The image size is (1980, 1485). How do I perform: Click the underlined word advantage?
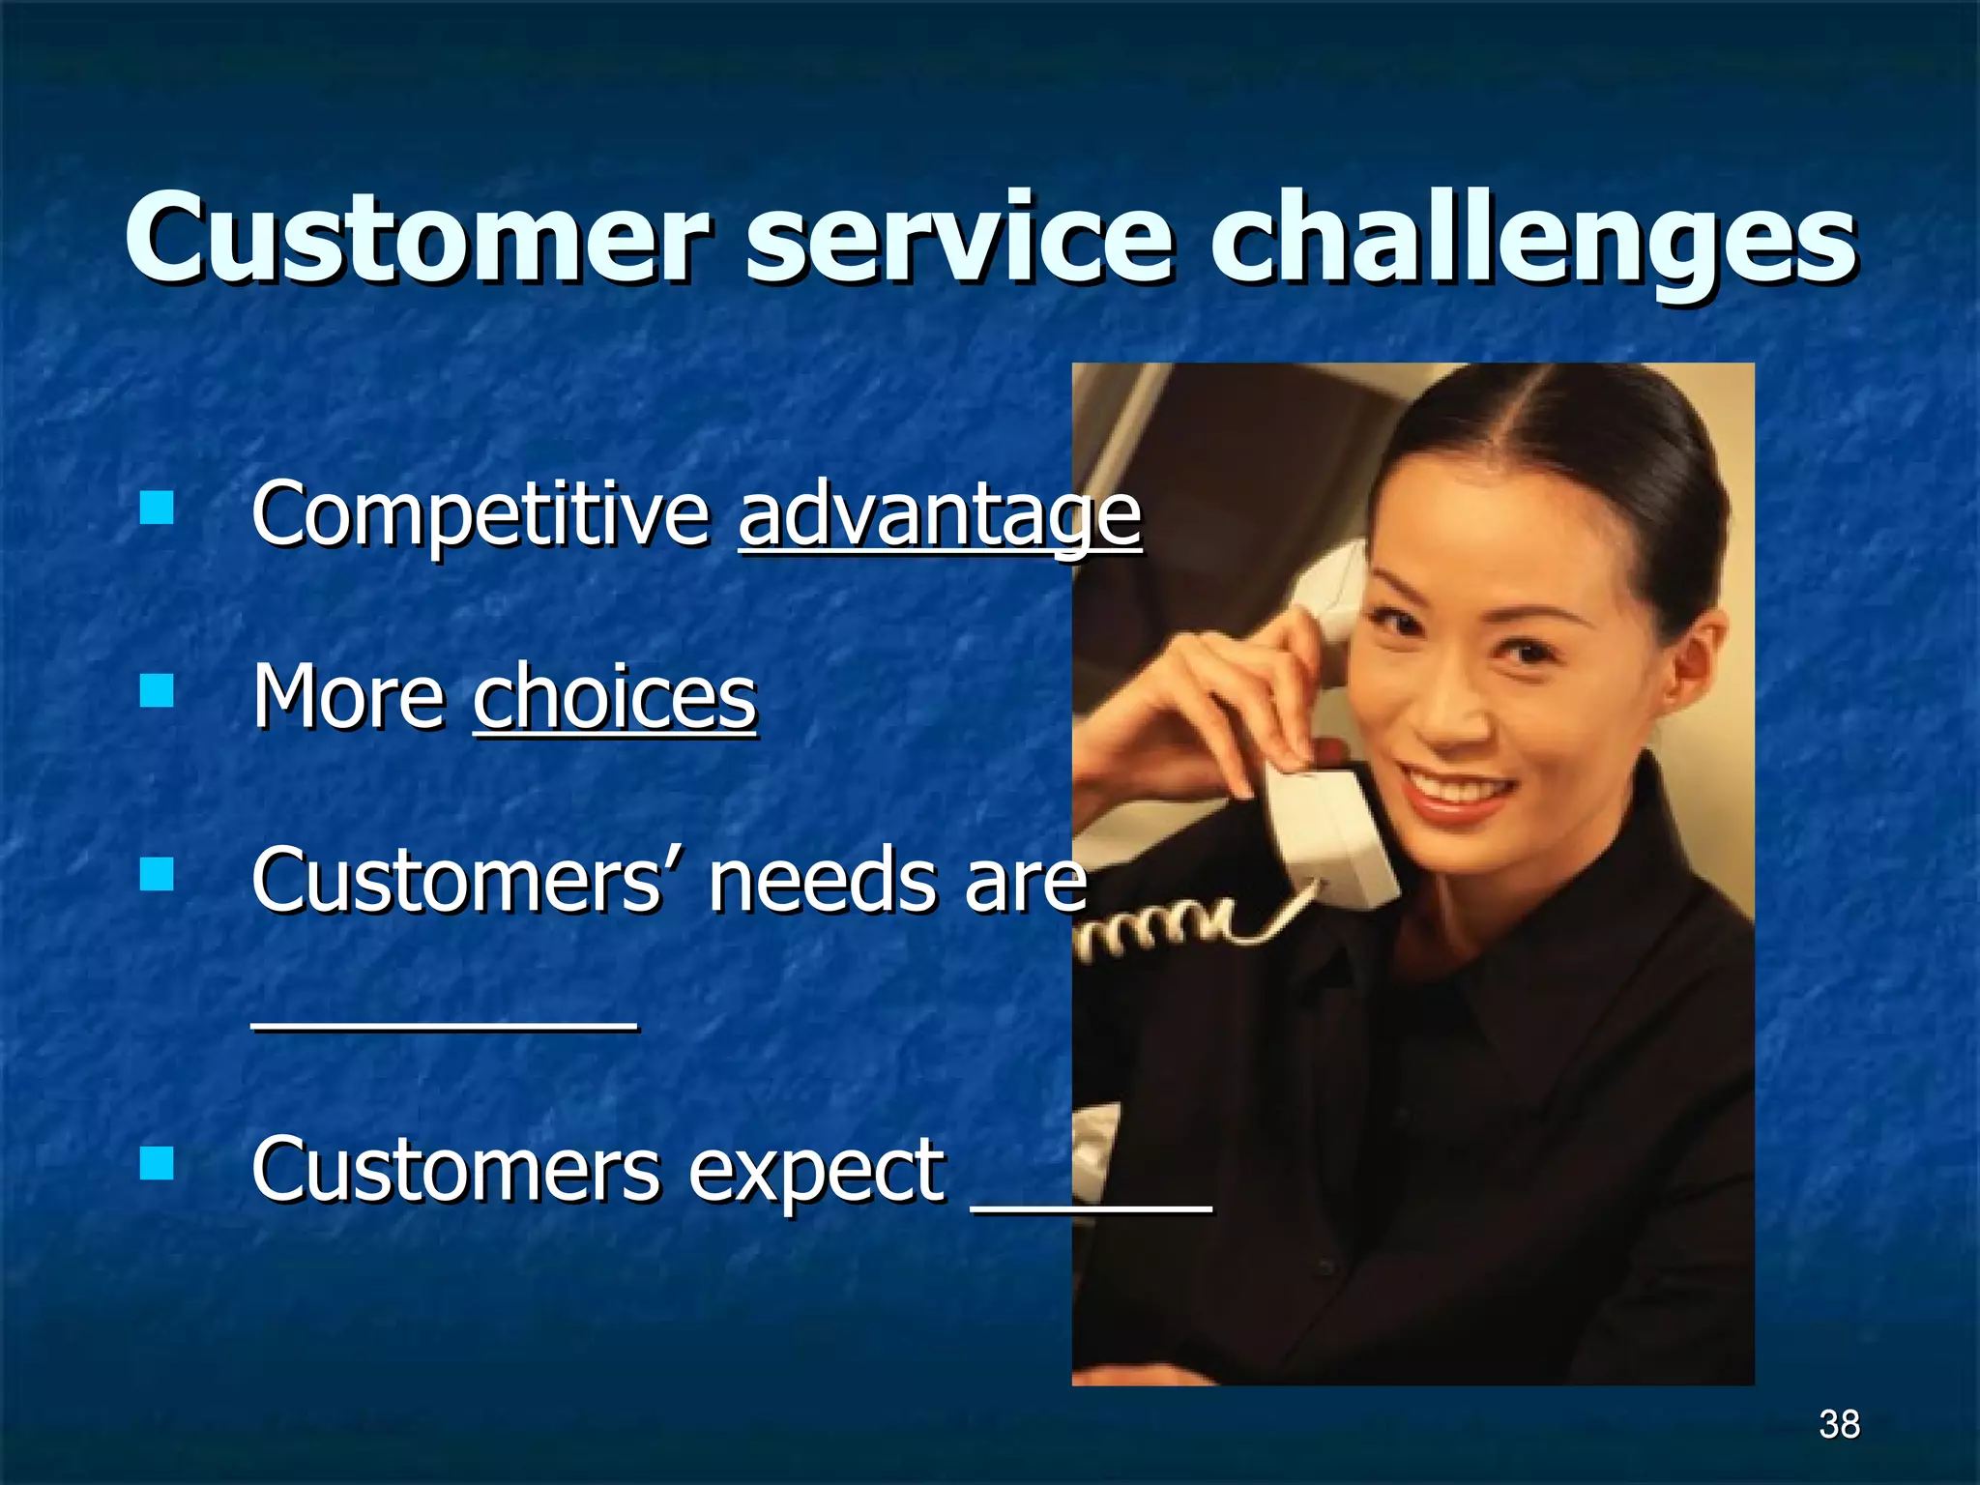940,514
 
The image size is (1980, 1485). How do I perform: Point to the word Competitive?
480,514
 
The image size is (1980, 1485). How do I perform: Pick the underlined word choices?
615,697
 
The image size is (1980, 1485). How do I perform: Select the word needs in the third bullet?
822,880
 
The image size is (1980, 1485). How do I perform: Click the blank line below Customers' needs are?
445,1028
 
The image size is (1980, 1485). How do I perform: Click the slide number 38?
1838,1424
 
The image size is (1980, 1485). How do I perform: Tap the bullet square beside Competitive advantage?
157,507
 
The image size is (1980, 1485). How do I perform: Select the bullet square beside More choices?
157,690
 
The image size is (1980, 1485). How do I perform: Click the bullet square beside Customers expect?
157,1164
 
